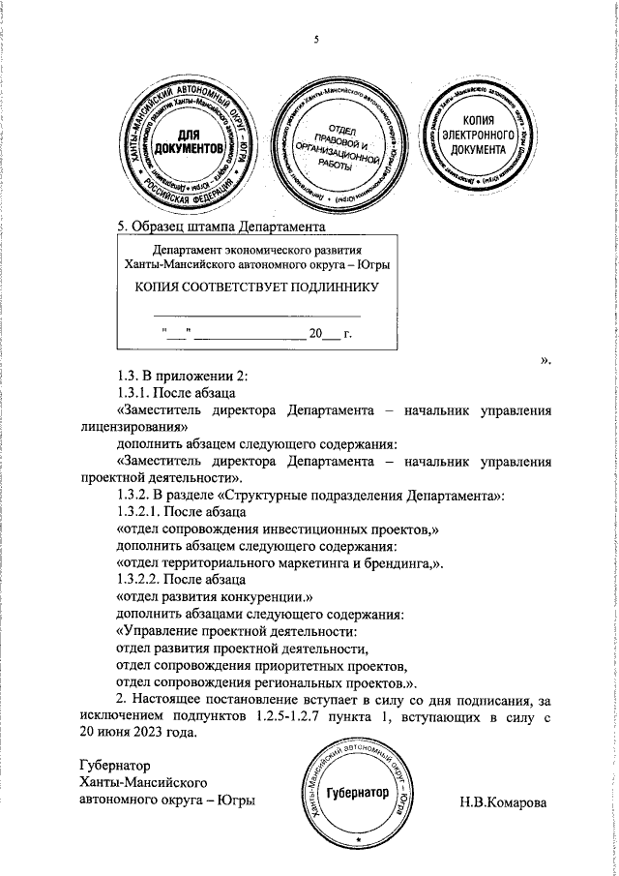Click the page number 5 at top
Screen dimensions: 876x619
(x=315, y=40)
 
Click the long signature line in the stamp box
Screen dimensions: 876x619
(x=257, y=316)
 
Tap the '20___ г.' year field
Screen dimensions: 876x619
(x=328, y=334)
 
